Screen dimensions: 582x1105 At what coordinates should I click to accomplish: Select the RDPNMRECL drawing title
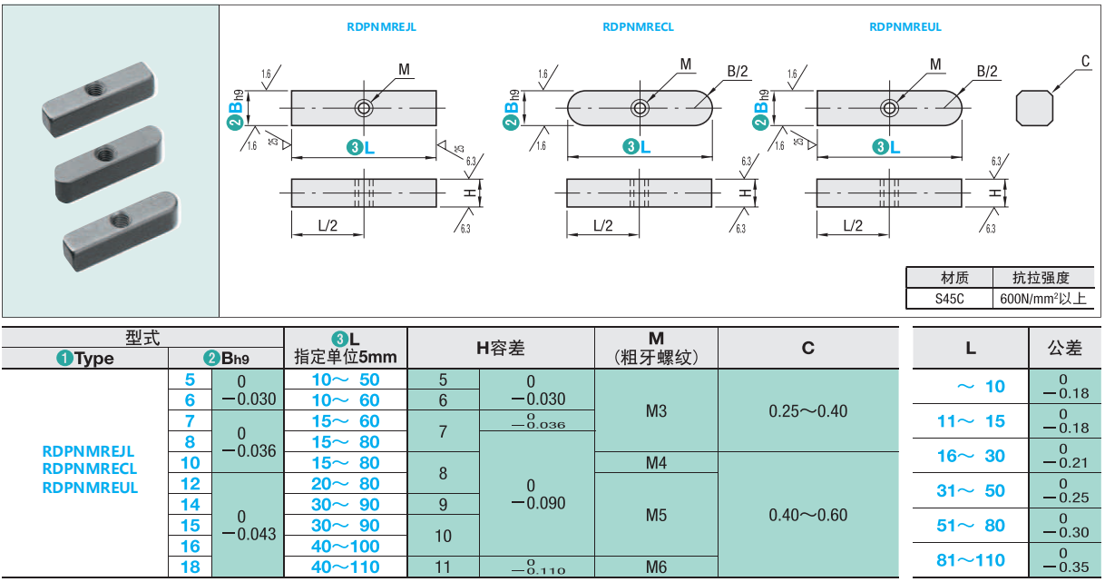click(638, 27)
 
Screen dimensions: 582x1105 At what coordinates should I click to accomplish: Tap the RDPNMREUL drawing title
click(905, 27)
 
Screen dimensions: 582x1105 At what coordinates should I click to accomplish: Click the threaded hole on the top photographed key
click(94, 89)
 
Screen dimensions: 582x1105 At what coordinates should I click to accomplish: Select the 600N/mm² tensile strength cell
click(1042, 298)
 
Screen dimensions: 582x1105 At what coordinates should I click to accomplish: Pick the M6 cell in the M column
click(656, 567)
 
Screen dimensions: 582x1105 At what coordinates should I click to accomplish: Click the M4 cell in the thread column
click(656, 463)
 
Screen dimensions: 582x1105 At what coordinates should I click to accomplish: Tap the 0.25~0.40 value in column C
click(807, 411)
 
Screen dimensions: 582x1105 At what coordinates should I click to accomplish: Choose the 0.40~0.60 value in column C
click(807, 515)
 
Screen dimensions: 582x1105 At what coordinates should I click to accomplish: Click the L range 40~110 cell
click(346, 567)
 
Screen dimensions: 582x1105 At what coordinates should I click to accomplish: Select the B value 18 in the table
click(190, 567)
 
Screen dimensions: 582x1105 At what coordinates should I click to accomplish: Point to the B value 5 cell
click(190, 380)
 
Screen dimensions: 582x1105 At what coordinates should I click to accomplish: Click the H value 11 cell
click(443, 567)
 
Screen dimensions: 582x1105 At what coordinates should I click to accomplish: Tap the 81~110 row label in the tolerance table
click(970, 559)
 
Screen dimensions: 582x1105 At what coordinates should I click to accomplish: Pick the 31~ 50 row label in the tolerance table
click(970, 490)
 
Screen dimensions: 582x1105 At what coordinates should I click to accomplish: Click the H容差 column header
click(501, 349)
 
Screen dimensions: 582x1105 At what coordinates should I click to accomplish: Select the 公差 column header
click(1065, 348)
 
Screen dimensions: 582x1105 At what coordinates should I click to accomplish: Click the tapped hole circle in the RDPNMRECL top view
click(641, 108)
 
